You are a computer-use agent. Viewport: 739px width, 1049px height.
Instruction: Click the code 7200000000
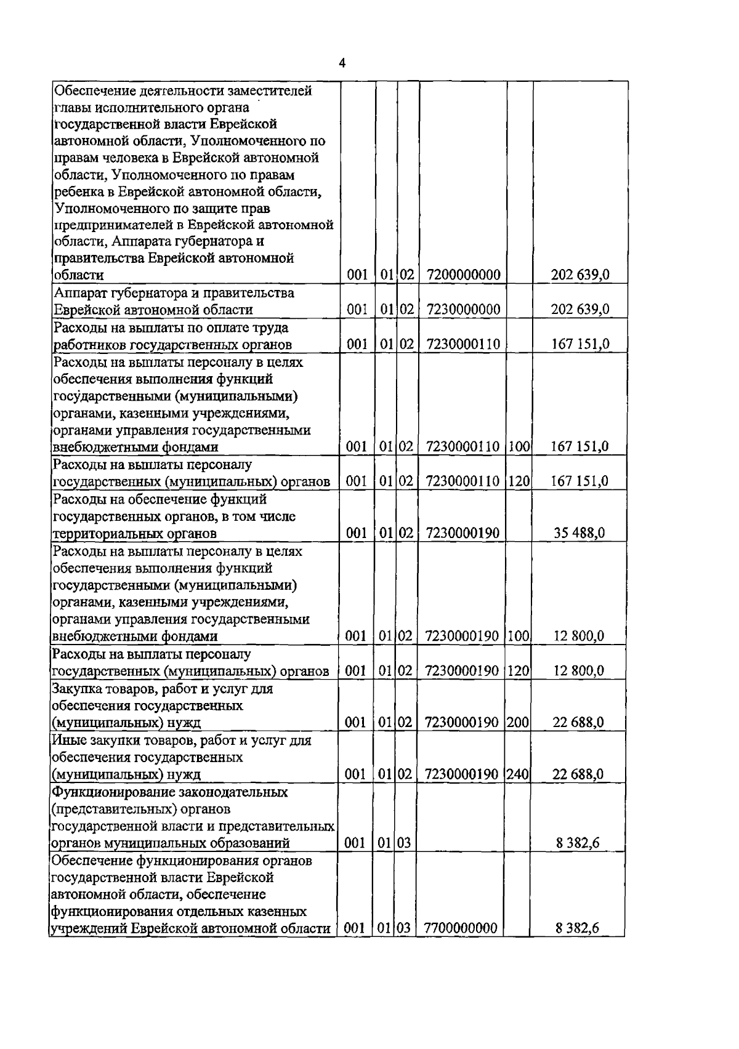click(462, 275)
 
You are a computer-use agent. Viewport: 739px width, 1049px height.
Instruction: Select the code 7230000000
click(462, 309)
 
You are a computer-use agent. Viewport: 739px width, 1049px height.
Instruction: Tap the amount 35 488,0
click(578, 533)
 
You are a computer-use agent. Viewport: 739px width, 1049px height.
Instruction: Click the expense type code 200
click(519, 722)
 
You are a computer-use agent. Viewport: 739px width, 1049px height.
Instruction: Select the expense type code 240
click(519, 774)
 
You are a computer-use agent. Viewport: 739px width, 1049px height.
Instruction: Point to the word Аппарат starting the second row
click(79, 293)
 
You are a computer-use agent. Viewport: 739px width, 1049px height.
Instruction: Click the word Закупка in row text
click(78, 689)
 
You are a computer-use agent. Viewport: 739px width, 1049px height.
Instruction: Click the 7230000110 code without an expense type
click(462, 344)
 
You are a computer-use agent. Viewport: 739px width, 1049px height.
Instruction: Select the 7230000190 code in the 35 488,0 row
click(462, 533)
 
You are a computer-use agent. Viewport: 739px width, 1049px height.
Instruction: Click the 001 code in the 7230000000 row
click(357, 309)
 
